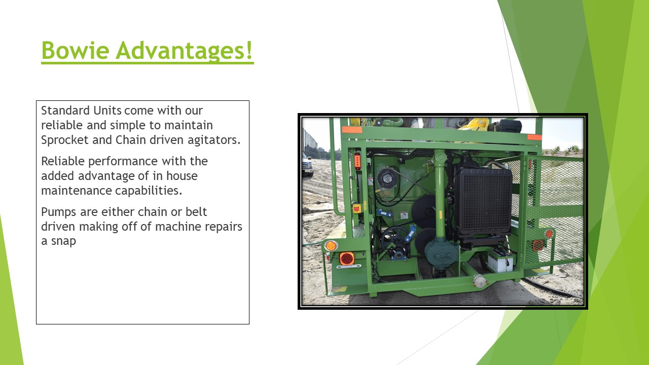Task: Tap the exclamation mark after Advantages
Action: point(249,50)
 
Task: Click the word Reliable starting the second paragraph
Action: point(62,161)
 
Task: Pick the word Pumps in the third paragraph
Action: point(59,212)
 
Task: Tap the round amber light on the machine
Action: point(331,246)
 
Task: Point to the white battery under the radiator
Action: point(500,261)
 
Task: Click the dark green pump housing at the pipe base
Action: point(442,252)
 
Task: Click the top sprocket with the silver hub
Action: point(387,178)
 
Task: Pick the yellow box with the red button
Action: point(356,208)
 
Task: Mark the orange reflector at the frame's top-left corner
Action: point(352,129)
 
